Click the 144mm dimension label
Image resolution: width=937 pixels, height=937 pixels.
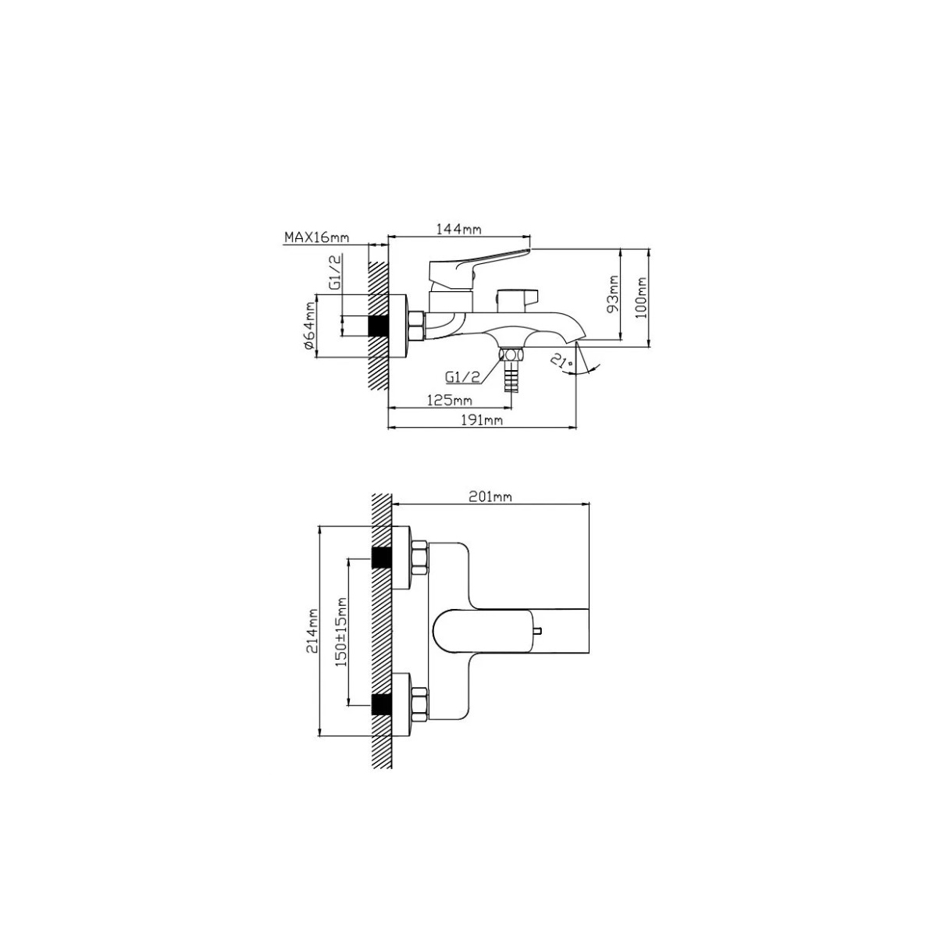[459, 229]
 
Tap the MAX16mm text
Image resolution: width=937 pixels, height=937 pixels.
[316, 238]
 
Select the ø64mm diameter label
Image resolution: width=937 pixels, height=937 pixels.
[308, 326]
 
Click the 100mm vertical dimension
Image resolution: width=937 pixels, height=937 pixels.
[643, 297]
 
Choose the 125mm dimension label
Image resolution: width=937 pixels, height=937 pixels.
[449, 401]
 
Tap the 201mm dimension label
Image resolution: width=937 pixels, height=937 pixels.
[490, 497]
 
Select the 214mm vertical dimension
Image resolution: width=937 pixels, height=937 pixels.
[312, 631]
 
